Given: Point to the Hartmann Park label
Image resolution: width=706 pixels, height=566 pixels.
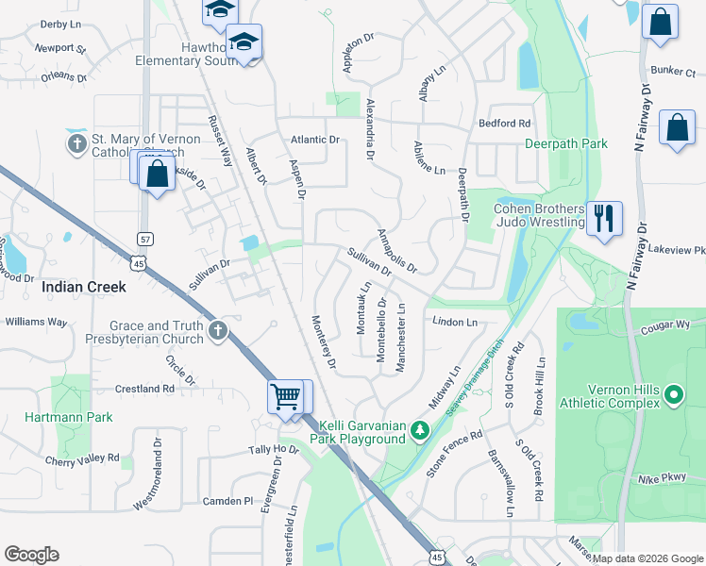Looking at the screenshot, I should [69, 417].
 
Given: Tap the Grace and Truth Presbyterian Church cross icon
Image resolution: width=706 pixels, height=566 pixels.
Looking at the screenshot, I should [218, 330].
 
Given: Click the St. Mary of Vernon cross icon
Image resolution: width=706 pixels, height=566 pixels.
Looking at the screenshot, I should [76, 145].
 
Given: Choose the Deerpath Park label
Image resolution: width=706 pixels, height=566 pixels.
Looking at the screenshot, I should [566, 144].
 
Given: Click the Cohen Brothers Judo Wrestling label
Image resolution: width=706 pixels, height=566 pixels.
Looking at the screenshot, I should [540, 215].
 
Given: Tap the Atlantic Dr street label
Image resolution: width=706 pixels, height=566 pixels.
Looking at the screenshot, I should [315, 140].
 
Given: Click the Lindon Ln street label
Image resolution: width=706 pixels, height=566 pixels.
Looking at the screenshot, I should [456, 323].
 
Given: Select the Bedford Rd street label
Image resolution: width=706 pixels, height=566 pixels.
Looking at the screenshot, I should [504, 124].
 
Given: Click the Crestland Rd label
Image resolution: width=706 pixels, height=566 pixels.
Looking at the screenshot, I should [144, 388].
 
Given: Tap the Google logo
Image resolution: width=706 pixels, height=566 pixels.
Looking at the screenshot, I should [31, 555].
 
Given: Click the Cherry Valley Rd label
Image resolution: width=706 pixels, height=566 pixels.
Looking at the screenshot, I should [82, 460].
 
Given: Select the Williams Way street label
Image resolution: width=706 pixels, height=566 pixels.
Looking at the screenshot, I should [36, 322].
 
